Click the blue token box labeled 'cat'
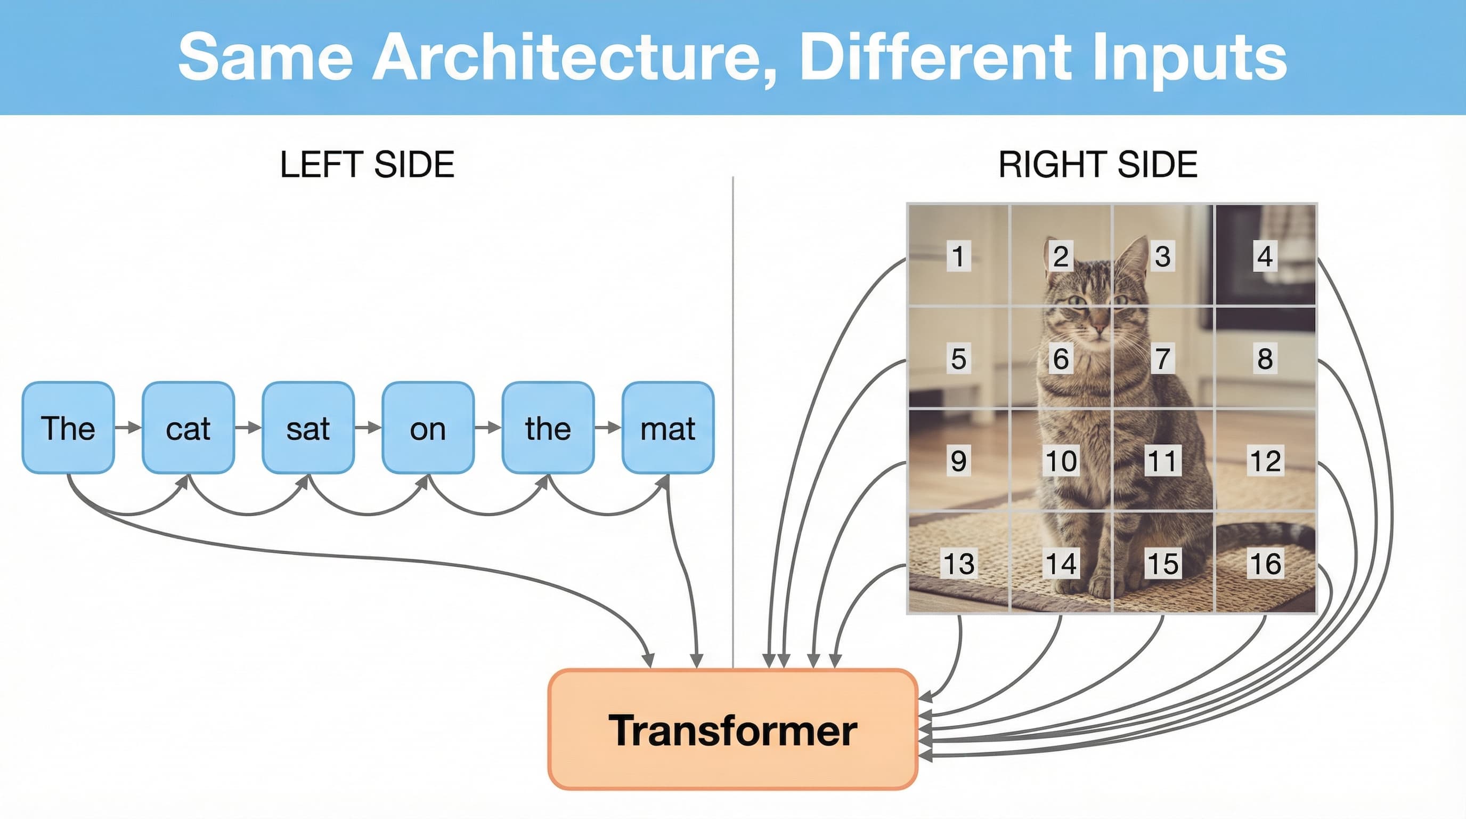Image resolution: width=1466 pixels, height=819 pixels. [188, 428]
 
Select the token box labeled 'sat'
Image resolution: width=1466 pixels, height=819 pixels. [308, 428]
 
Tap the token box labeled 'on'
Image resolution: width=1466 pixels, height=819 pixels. [428, 428]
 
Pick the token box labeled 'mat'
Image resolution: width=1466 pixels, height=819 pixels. [668, 428]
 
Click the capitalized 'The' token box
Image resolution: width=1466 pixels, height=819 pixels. [68, 428]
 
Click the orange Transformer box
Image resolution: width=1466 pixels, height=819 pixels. [732, 729]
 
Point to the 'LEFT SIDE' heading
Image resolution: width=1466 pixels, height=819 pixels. [367, 165]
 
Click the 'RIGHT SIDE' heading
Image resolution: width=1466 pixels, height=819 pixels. [1098, 165]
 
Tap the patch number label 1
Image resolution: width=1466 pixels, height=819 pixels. [959, 256]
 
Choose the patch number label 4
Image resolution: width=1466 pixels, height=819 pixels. [1265, 256]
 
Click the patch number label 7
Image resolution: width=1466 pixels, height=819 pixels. [1163, 359]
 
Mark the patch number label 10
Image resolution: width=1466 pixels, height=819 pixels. [1061, 461]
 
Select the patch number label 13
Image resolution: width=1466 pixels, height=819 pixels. [959, 564]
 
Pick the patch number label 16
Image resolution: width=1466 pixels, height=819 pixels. [1266, 564]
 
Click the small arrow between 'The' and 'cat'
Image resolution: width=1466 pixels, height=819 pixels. [128, 427]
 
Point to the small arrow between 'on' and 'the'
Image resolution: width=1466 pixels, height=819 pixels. [488, 427]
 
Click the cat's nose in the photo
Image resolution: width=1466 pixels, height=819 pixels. [1099, 328]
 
